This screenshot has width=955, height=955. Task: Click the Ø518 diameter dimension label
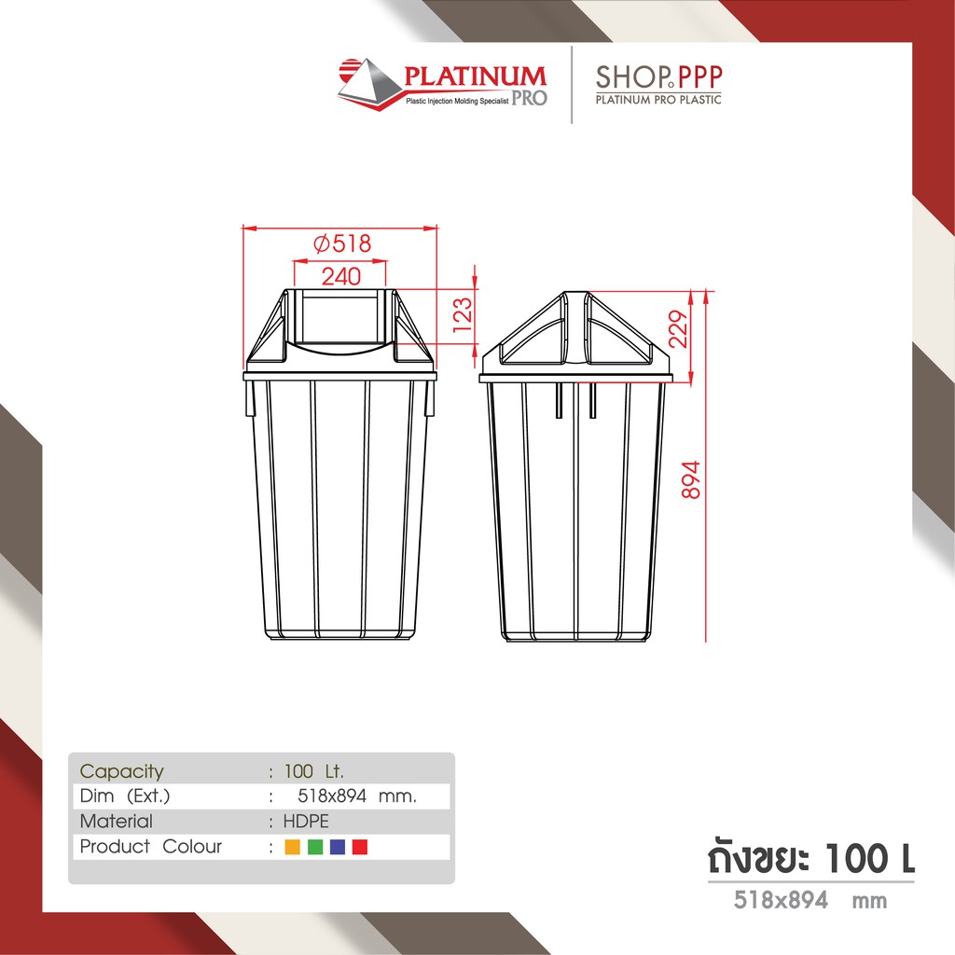coord(341,243)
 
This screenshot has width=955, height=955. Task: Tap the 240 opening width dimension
coord(341,276)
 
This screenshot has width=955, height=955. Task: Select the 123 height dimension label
coord(463,314)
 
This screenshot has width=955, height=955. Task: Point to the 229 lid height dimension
coord(678,329)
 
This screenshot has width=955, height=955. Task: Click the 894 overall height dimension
coord(691,480)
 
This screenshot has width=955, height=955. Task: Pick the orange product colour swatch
coord(292,847)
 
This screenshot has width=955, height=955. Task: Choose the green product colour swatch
coord(315,847)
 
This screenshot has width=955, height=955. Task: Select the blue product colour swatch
coord(338,847)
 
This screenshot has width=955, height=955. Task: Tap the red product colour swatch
coord(360,847)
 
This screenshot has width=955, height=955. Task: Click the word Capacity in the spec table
coord(122,771)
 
